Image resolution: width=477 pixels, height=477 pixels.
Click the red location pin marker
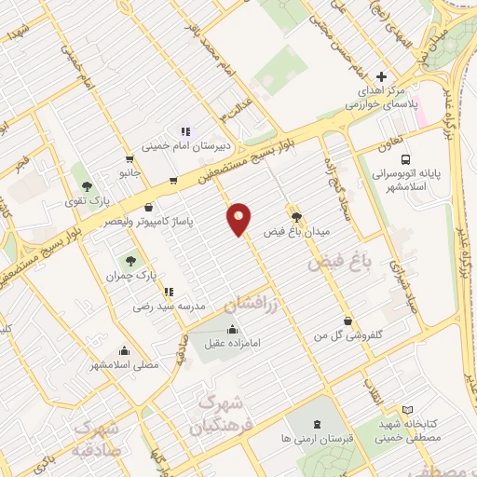tap(239, 219)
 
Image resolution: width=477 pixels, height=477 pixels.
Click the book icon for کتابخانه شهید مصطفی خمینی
tap(406, 409)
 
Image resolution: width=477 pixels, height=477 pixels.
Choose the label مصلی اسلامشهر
tap(124, 364)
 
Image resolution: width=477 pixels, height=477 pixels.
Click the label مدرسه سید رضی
tap(161, 305)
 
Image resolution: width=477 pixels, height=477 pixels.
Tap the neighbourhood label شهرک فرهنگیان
tap(218, 416)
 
